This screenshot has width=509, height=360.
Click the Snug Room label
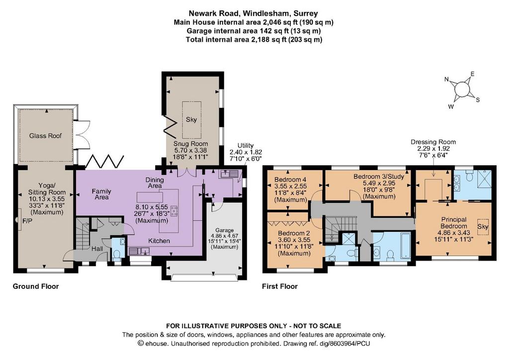coord(190,144)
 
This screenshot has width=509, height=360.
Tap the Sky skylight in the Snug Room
coord(191,119)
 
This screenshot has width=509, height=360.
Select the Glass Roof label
coord(45,136)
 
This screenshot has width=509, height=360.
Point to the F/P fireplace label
coord(28,221)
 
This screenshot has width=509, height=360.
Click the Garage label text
coord(224,230)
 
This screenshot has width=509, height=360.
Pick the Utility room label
coord(246,146)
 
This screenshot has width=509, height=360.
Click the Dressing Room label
coord(433,142)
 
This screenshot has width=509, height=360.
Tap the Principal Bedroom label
coord(454,223)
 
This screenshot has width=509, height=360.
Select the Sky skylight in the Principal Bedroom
coord(483,226)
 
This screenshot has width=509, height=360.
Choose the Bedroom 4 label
coord(290,180)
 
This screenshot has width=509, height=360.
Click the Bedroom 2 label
coord(294,233)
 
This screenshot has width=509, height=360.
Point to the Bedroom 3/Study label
coord(379,177)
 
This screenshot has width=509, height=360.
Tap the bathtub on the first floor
coord(406,246)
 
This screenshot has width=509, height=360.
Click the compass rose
coord(462,90)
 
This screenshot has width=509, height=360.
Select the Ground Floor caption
coord(36,286)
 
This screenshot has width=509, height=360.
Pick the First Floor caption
coord(280,286)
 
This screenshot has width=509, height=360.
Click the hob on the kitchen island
coord(174,211)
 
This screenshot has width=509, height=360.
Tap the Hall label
coord(97,249)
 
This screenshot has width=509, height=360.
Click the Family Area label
coord(101,194)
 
